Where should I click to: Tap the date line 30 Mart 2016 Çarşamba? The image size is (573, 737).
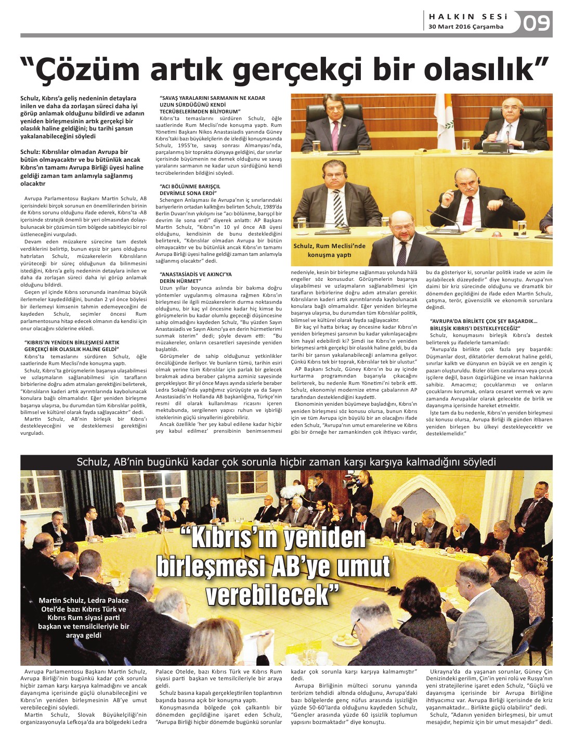tap(466, 27)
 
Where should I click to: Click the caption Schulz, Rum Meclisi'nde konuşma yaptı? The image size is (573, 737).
tap(329, 250)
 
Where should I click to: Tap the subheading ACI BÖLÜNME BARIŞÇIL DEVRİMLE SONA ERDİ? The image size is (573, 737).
tap(190, 189)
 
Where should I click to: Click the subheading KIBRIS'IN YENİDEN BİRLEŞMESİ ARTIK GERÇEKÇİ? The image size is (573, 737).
tap(72, 346)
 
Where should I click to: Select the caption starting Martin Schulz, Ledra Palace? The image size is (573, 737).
tap(84, 617)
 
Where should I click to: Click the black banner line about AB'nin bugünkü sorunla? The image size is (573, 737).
tap(286, 462)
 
